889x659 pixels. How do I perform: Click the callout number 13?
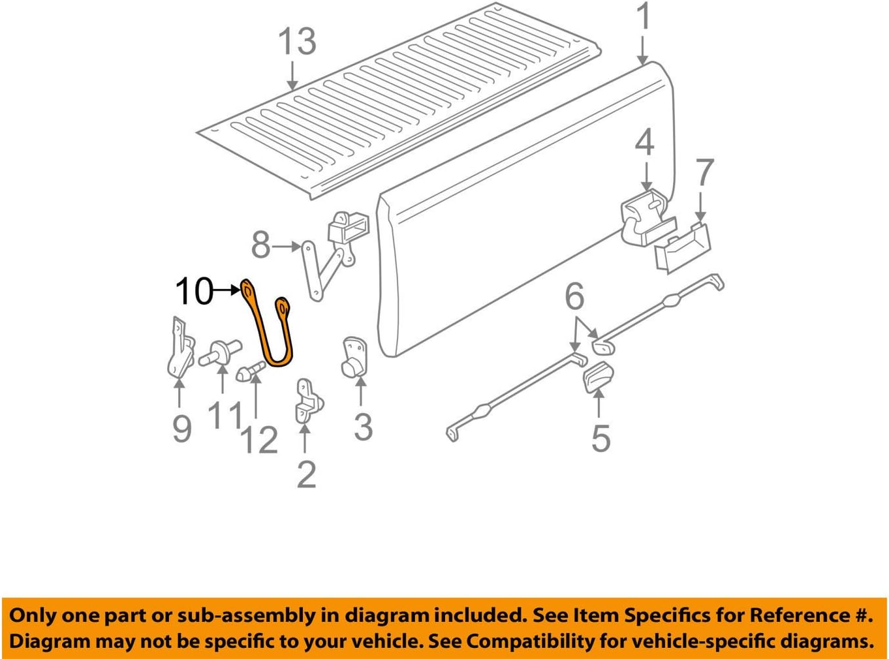(x=297, y=42)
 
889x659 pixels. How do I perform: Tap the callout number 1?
(x=644, y=17)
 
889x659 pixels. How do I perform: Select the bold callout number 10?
(x=194, y=291)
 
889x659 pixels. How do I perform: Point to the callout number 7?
(x=704, y=173)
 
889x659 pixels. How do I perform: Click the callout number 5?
(x=600, y=438)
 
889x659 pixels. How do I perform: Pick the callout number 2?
(x=306, y=474)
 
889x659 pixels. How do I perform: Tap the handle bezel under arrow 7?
(x=682, y=248)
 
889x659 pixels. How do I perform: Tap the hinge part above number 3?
(x=355, y=358)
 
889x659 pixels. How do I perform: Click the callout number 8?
(x=260, y=247)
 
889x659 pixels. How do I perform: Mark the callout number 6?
(x=574, y=298)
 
